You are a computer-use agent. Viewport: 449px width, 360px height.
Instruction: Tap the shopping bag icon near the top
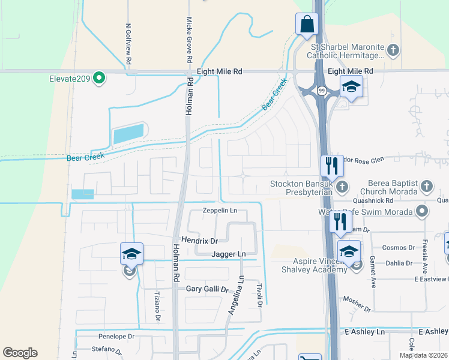tap(306, 25)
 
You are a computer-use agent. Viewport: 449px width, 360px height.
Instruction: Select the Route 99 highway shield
tap(322, 91)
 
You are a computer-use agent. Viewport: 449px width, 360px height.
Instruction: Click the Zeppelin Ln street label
tap(220, 211)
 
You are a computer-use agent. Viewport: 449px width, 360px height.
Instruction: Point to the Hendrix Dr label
tap(199, 241)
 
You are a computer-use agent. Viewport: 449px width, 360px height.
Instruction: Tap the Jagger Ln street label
tap(229, 254)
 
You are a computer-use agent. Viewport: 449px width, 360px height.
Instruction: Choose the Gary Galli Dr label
tap(208, 289)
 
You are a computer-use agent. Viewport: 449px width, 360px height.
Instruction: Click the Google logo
tap(20, 353)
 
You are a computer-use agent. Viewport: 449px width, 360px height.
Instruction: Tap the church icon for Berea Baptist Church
tap(427, 186)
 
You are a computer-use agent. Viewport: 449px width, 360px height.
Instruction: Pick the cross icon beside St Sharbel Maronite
tap(393, 50)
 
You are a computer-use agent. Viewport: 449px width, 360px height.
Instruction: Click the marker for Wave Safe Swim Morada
tap(422, 211)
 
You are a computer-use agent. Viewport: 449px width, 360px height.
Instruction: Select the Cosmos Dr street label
tap(399, 247)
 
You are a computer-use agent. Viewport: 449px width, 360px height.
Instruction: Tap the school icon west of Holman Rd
tap(131, 256)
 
